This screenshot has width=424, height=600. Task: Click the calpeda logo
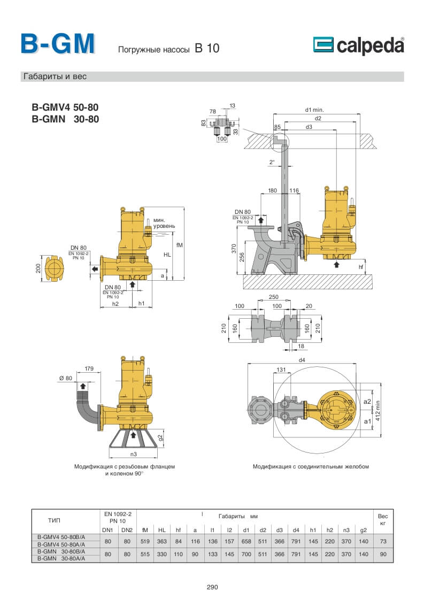coord(358,46)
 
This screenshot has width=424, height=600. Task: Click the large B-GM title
coord(58,44)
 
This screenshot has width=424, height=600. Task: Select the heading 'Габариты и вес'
coord(55,76)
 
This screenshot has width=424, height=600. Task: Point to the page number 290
coord(212,587)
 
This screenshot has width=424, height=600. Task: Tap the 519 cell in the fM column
coord(145,541)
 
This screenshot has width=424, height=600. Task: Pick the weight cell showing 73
coord(383,541)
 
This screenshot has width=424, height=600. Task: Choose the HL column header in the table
coord(161,530)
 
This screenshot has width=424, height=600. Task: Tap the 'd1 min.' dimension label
coord(315,109)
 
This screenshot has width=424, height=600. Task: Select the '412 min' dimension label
coord(379,410)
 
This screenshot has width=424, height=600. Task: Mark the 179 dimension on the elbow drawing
coord(89,368)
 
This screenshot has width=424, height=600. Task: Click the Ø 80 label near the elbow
coord(65,379)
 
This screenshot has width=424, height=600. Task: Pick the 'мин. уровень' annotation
coord(164,223)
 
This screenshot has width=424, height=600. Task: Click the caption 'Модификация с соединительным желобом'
coord(311,466)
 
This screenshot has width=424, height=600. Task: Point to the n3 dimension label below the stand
coord(134,455)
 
